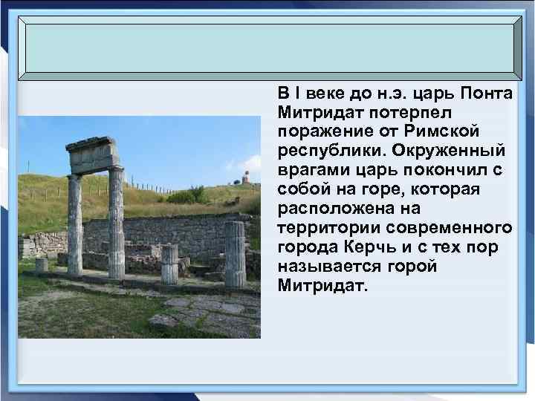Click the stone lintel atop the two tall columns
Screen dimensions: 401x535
point(93,154)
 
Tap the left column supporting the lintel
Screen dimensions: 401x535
point(75,223)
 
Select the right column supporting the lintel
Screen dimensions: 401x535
point(116,223)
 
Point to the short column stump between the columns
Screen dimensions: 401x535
point(169,264)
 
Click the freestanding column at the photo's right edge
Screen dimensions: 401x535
point(235,253)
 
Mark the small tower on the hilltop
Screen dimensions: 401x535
point(242,179)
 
